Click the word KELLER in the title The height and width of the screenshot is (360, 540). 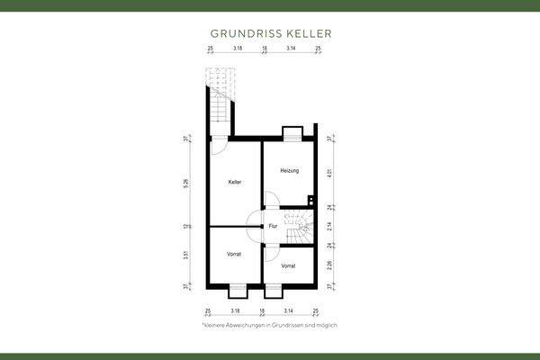[x=309, y=33]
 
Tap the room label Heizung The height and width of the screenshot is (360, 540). [x=289, y=170]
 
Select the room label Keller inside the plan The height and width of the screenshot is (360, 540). [x=235, y=182]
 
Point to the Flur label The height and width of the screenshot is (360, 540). [x=273, y=226]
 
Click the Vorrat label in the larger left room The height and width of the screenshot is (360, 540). [x=234, y=255]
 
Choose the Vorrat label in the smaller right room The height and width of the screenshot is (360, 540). [x=288, y=266]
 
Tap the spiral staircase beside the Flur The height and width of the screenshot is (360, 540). [x=297, y=228]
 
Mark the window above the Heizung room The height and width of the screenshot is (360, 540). [x=292, y=135]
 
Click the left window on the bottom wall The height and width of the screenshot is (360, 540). [x=238, y=290]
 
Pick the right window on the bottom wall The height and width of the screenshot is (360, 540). [x=274, y=290]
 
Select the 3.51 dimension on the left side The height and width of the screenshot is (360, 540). [x=186, y=256]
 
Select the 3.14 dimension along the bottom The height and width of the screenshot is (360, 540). [x=289, y=310]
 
